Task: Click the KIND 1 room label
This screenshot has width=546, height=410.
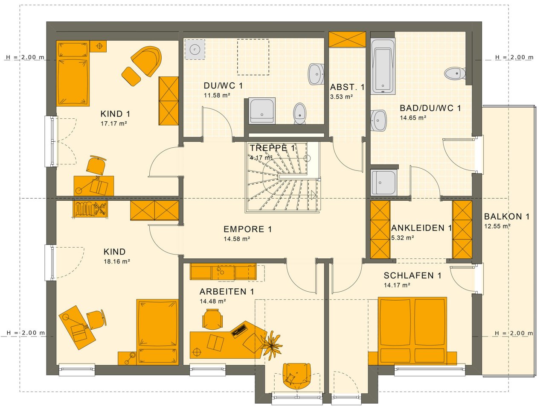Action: coord(115,114)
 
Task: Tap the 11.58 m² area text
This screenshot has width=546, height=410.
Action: coord(217,95)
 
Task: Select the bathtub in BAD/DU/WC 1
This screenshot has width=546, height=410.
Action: coord(383,66)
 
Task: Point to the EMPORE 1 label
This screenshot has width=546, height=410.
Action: coord(248,229)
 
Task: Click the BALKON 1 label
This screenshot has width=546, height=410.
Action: coord(507,217)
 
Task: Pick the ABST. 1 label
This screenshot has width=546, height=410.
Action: coord(347,88)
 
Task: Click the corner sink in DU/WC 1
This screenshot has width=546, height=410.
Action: coord(195,50)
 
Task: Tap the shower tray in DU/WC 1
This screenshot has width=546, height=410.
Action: coord(262,111)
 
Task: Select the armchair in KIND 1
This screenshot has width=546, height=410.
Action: coord(147,60)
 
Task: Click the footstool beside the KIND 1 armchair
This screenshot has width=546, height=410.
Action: coord(131,76)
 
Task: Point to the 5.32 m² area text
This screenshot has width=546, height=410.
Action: coord(403,238)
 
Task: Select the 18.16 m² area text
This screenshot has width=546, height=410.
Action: coord(117,261)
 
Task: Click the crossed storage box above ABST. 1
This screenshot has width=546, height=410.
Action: coord(347,39)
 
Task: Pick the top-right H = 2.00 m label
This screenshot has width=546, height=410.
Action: coord(514,57)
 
